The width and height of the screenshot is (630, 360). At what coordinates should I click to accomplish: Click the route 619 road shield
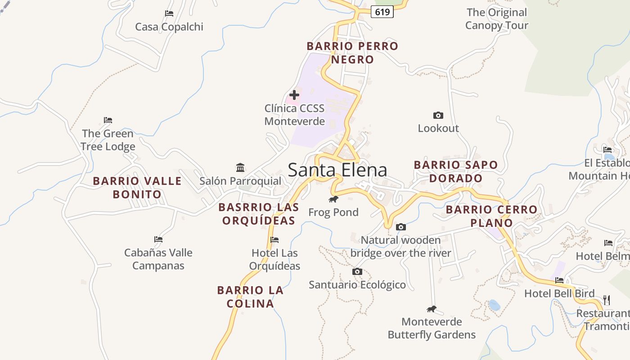pyautogui.click(x=382, y=12)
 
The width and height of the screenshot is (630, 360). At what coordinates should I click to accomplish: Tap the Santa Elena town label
pyautogui.click(x=337, y=170)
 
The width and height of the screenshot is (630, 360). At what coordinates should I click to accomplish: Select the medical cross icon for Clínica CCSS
pyautogui.click(x=294, y=95)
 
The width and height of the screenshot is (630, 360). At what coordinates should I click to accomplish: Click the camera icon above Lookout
pyautogui.click(x=438, y=116)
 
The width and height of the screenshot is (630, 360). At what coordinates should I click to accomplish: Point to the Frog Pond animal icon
pyautogui.click(x=333, y=199)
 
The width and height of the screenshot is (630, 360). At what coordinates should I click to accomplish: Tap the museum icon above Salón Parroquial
pyautogui.click(x=240, y=168)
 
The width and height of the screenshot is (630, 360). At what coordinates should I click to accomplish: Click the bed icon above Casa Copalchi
pyautogui.click(x=169, y=13)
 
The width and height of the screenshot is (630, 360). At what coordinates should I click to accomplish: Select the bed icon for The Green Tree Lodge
pyautogui.click(x=108, y=120)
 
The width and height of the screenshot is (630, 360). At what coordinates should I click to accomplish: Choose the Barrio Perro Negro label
pyautogui.click(x=352, y=53)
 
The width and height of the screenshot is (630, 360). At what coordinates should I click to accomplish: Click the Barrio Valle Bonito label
pyautogui.click(x=137, y=188)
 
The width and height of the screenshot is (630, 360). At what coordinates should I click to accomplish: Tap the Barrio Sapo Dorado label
pyautogui.click(x=456, y=171)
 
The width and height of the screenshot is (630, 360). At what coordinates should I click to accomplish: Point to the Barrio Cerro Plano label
pyautogui.click(x=491, y=216)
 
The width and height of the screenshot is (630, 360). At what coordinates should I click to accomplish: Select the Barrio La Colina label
pyautogui.click(x=250, y=297)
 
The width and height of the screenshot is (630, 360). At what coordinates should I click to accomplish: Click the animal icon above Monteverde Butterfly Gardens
pyautogui.click(x=432, y=309)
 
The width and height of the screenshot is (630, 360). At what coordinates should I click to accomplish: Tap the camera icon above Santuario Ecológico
pyautogui.click(x=357, y=272)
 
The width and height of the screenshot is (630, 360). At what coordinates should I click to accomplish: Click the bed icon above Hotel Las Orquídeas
pyautogui.click(x=274, y=240)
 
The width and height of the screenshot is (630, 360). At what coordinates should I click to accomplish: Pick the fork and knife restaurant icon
pyautogui.click(x=606, y=300)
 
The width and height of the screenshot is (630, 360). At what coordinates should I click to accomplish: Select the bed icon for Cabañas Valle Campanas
pyautogui.click(x=158, y=239)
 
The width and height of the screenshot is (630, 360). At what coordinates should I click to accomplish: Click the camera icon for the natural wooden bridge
pyautogui.click(x=400, y=227)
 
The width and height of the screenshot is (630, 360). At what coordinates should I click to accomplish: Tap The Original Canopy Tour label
pyautogui.click(x=496, y=19)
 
